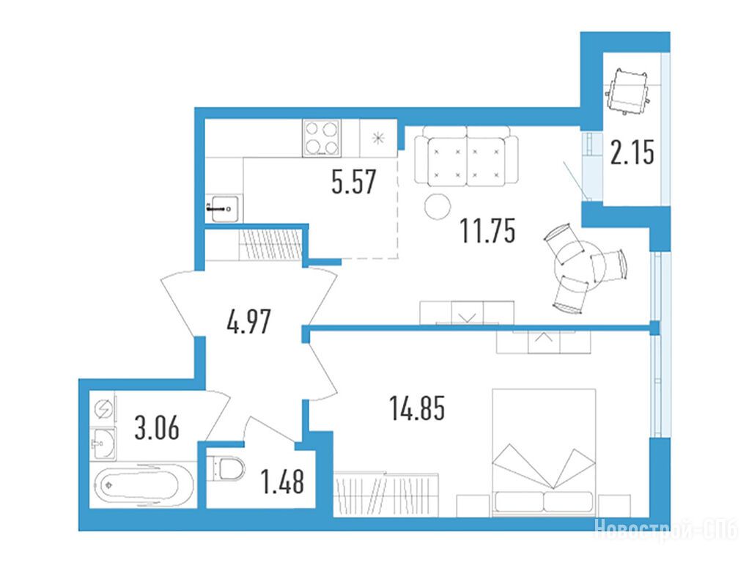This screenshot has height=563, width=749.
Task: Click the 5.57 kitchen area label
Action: (354, 182)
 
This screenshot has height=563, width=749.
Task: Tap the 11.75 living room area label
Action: (487, 231)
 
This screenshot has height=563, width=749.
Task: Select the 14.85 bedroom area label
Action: (418, 408)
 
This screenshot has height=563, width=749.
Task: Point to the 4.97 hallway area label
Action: (249, 322)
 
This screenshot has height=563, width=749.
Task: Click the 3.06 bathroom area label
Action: (157, 427)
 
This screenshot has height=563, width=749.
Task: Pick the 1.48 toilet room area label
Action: (282, 482)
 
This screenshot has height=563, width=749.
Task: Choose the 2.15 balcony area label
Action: (632, 153)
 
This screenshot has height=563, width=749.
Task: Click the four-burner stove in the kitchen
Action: (322, 138)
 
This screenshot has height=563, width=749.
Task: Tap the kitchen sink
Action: (224, 209)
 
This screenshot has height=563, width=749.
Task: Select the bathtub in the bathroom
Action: (144, 486)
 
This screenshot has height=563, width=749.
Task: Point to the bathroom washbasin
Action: (103, 444)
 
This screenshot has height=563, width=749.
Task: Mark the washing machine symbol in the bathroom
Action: (103, 410)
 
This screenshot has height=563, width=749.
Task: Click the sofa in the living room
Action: (466, 156)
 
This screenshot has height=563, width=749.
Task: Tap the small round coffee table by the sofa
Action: (438, 207)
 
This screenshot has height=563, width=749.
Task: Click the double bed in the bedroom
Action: (544, 452)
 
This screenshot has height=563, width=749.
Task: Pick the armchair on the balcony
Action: (628, 91)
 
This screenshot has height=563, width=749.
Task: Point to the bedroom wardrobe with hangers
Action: (386, 495)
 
